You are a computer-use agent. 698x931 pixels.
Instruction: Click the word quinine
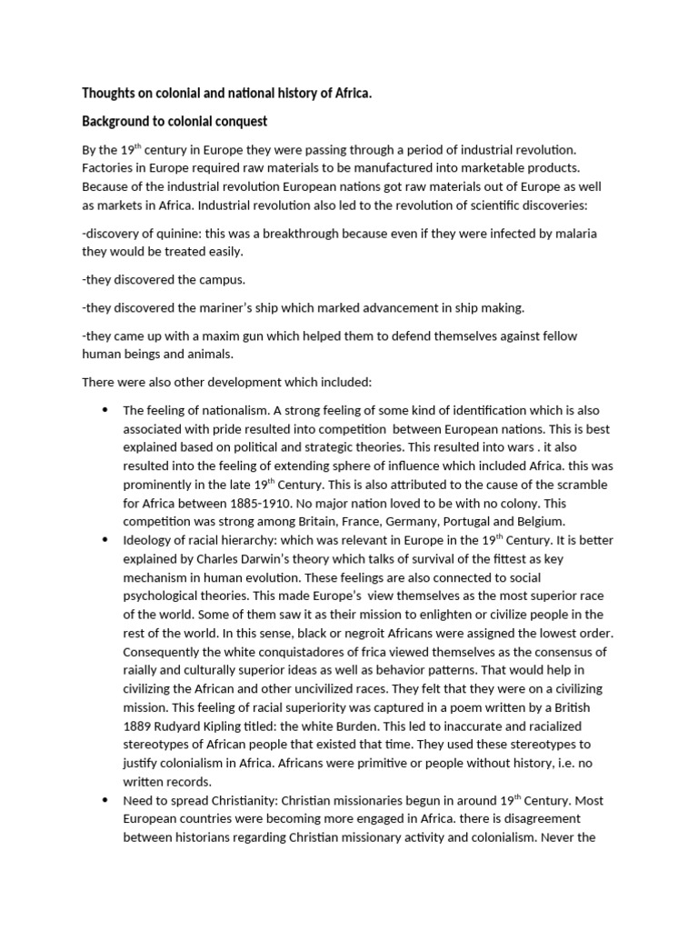[x=174, y=234]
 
